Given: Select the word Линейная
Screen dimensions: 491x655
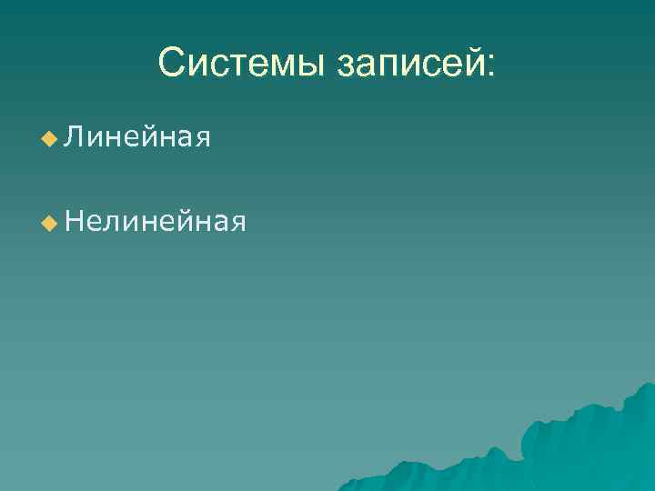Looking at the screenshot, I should (x=137, y=138).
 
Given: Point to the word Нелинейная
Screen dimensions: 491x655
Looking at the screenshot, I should (x=156, y=220).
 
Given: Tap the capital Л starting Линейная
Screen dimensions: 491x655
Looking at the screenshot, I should (x=75, y=138).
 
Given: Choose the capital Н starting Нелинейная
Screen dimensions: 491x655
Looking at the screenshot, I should (x=76, y=220).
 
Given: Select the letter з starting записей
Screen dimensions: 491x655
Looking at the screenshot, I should (x=348, y=66).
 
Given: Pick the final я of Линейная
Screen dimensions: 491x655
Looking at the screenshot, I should (x=203, y=140).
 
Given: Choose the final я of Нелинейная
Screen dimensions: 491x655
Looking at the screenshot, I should (x=237, y=222).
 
